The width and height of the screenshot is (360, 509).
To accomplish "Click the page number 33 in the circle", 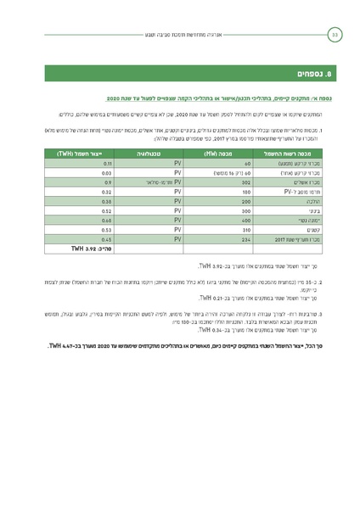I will click(x=334, y=35).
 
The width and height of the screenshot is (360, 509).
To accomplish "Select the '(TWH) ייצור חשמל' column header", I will click(x=87, y=154).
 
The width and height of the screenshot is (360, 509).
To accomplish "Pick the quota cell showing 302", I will click(x=222, y=182).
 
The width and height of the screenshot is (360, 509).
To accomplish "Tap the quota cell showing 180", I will click(x=222, y=192).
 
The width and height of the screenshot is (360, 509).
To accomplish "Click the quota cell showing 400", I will click(x=222, y=220).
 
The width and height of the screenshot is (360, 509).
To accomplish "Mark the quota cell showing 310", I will click(x=222, y=229).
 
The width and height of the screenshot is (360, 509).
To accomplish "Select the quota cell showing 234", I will click(x=222, y=239).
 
